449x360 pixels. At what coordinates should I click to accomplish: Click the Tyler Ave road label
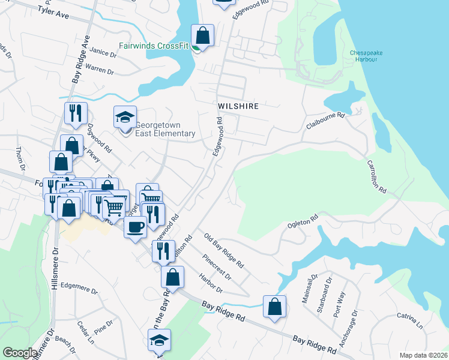(53, 11)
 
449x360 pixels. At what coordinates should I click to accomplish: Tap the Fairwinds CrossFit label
(153, 46)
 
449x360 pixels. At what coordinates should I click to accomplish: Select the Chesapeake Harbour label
(366, 56)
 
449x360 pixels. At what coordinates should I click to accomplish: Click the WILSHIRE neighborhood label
(238, 106)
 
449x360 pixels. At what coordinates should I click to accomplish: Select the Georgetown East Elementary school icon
(125, 117)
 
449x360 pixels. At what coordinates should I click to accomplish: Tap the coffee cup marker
(135, 227)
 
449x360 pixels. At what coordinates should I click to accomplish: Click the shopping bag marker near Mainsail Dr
(274, 307)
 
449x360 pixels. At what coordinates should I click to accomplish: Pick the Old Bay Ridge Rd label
(223, 251)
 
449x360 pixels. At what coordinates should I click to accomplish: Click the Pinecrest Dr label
(217, 267)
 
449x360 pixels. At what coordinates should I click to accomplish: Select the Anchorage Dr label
(348, 329)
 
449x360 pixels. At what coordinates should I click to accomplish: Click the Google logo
(20, 353)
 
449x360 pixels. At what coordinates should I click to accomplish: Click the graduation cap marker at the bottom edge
(159, 340)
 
